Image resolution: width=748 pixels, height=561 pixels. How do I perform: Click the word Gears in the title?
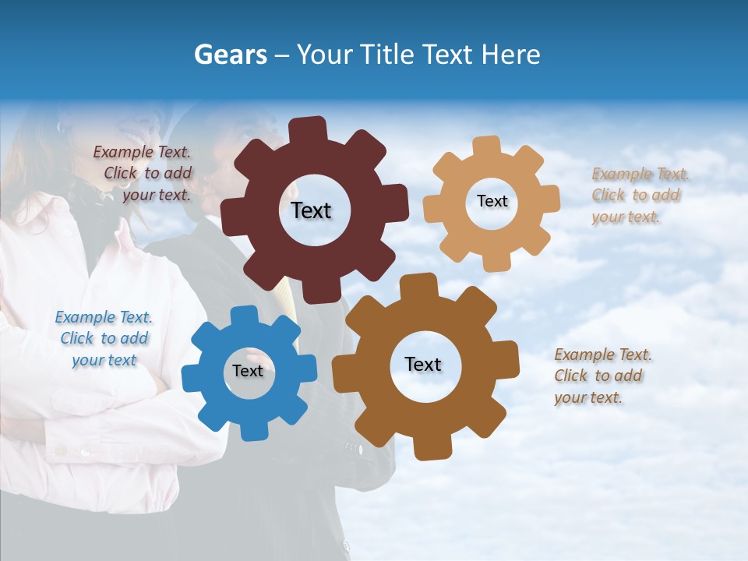coord(230,55)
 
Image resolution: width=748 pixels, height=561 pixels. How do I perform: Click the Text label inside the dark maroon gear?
coord(311,210)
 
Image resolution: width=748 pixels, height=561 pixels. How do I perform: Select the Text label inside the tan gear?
coord(492,201)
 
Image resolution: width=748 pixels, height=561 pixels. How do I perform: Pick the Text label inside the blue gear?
coord(248,371)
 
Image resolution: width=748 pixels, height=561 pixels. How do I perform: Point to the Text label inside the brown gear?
coord(423,364)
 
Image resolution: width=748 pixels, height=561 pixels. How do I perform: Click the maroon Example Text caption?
coord(143,174)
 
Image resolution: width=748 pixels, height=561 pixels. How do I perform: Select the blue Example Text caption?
coord(104,339)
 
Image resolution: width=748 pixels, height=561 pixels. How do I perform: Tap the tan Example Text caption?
coord(640,196)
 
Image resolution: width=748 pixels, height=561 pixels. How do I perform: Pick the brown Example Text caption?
coord(602,376)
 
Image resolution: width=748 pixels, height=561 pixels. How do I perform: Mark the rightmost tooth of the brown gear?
coord(507,361)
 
